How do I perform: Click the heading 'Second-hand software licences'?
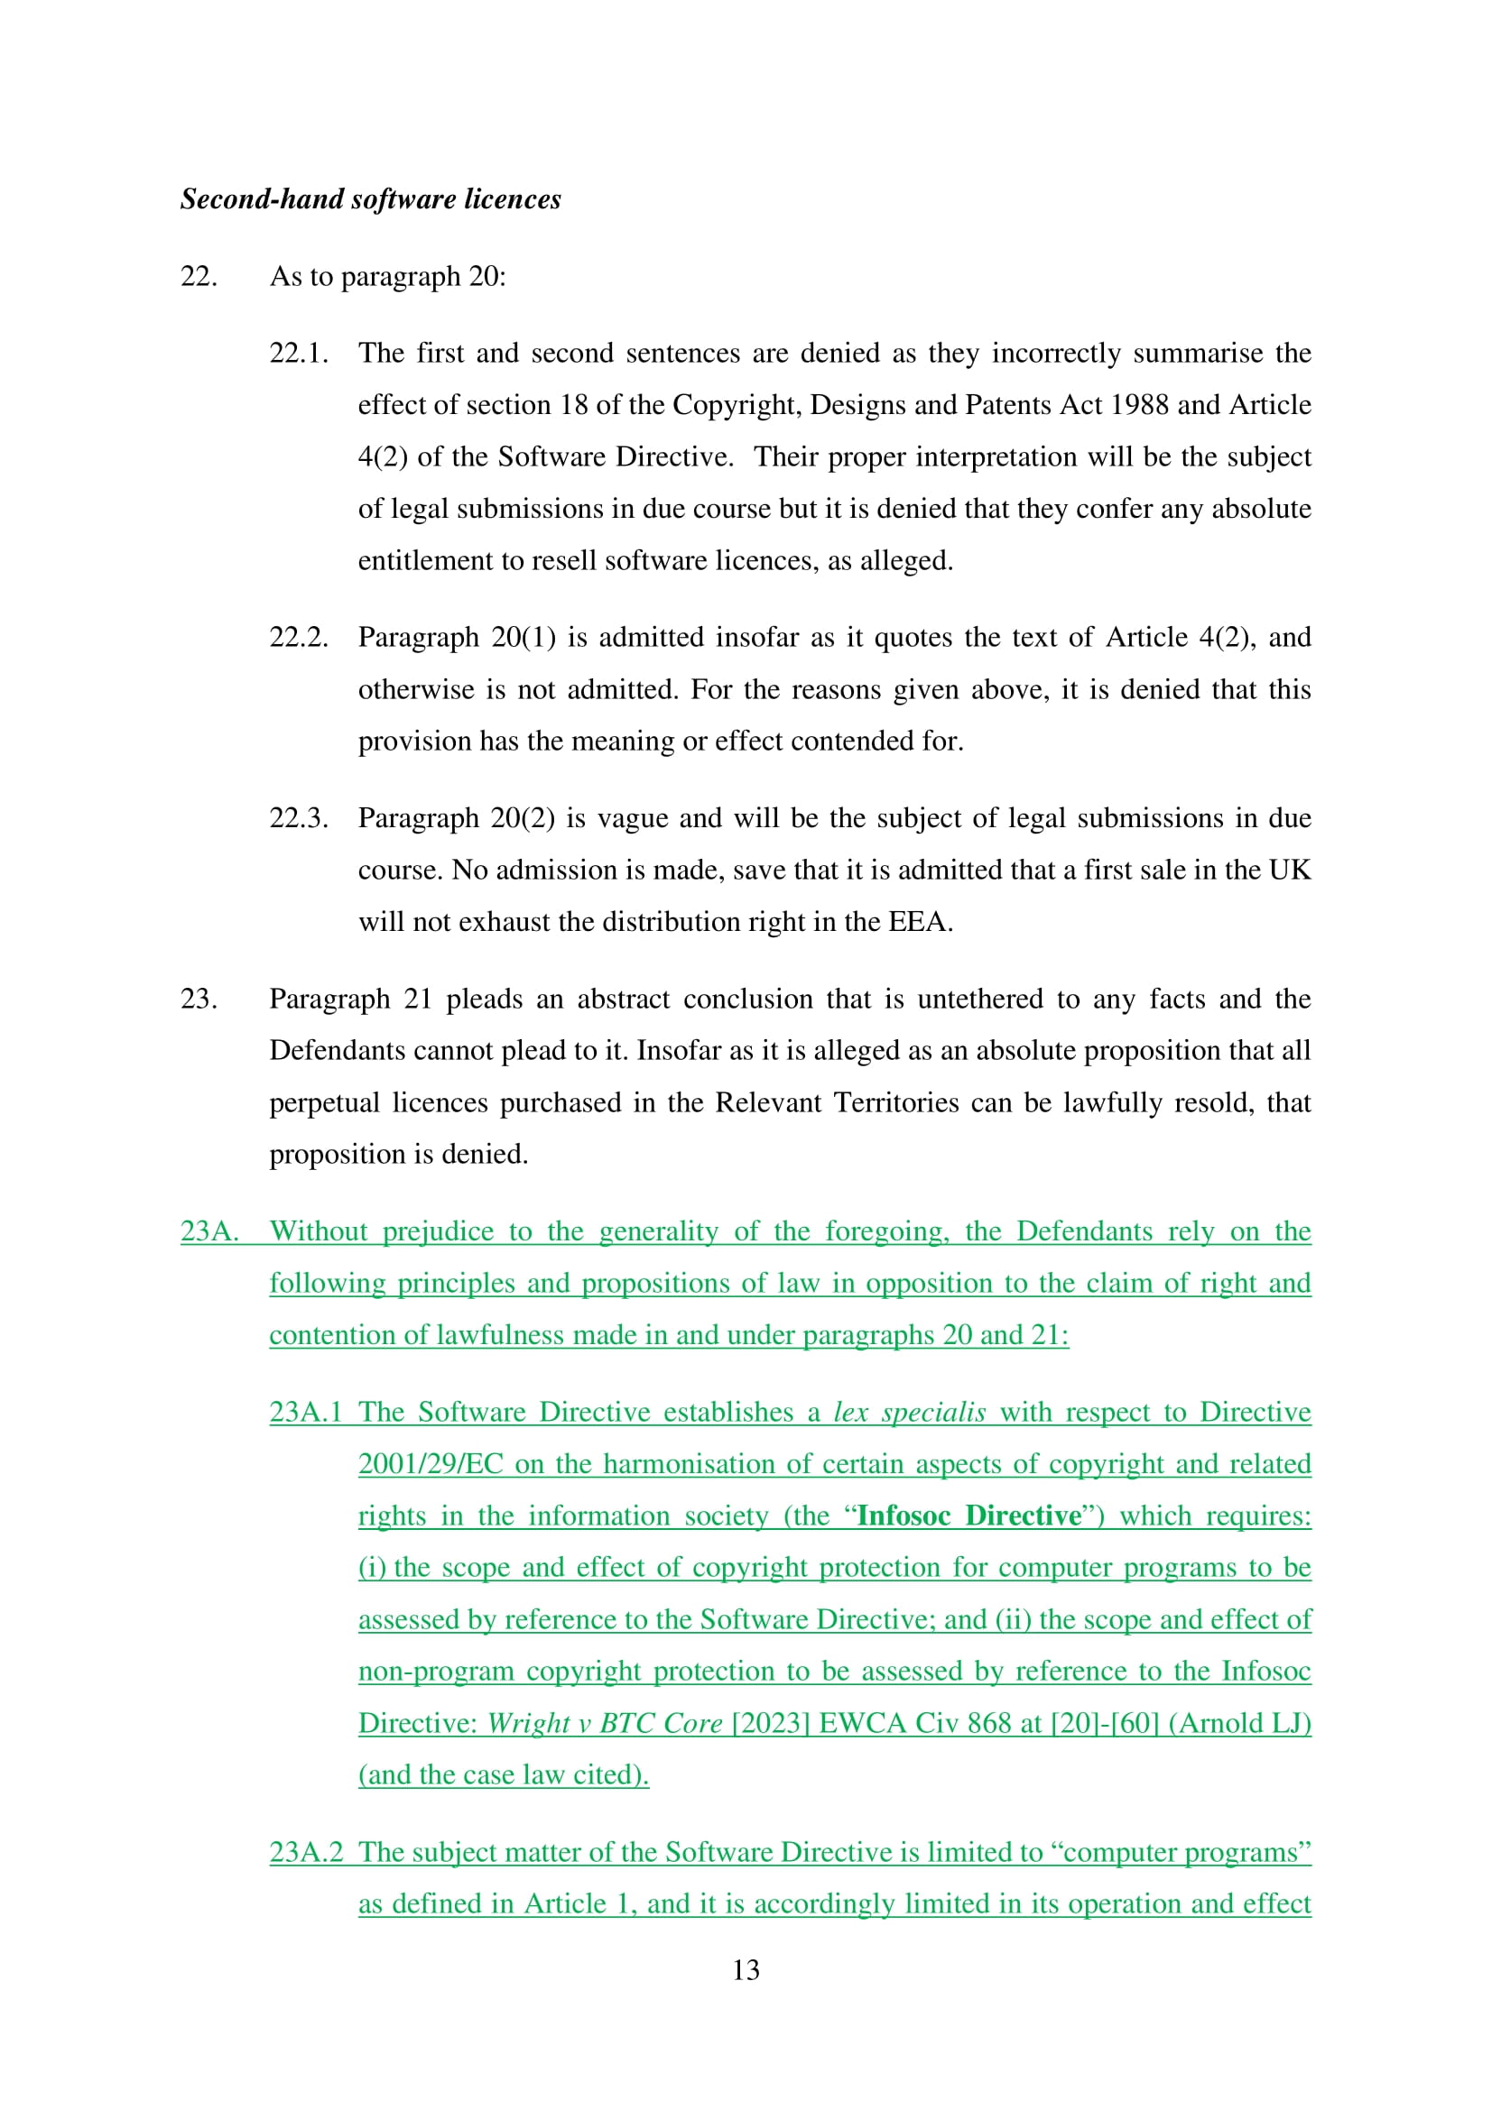tap(370, 199)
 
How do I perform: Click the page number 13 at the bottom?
tap(746, 1969)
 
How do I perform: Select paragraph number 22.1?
tap(299, 353)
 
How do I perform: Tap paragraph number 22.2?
tap(299, 637)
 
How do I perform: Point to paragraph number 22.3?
tap(299, 818)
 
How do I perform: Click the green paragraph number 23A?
tap(209, 1231)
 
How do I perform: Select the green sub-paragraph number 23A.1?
tap(305, 1412)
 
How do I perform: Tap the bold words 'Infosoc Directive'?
tap(968, 1516)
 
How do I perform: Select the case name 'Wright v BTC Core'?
tap(605, 1722)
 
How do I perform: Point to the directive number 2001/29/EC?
tap(431, 1464)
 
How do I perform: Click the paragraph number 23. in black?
tap(199, 999)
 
